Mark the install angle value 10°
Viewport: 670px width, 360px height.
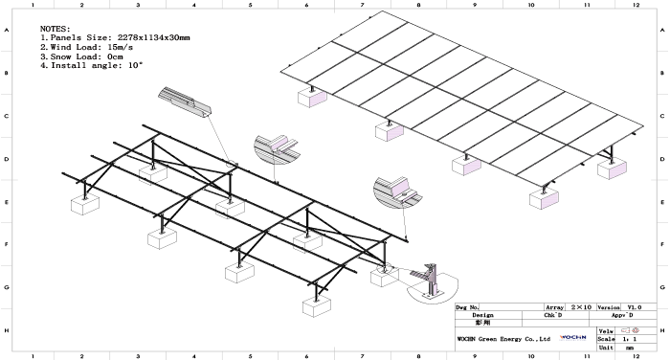click(133, 64)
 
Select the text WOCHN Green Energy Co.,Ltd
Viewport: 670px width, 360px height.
click(502, 339)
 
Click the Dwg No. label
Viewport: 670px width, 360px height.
click(469, 307)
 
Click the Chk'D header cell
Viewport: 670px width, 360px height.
click(551, 315)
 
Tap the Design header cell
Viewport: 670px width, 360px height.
click(482, 315)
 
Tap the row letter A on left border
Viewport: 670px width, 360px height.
click(8, 31)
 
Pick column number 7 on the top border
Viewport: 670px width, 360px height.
click(363, 5)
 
